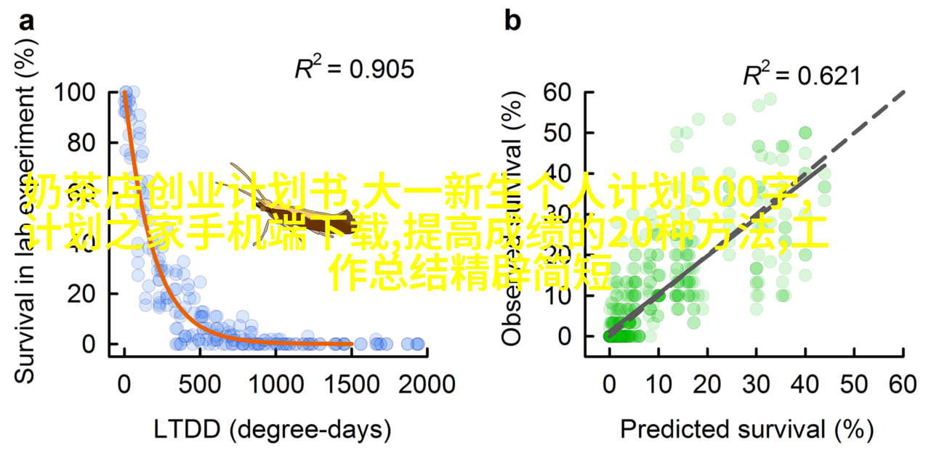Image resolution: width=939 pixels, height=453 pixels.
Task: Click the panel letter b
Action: [512, 22]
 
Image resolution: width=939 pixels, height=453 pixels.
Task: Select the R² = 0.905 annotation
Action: [354, 69]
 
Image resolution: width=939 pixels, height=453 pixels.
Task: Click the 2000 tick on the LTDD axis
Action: [427, 383]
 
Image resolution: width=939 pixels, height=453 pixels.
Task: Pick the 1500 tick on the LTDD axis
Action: [351, 383]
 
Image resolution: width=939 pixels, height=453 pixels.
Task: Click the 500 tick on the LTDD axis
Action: [199, 383]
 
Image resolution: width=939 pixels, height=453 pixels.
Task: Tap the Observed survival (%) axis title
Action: [513, 218]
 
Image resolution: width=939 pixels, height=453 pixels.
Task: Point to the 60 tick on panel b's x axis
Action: [903, 383]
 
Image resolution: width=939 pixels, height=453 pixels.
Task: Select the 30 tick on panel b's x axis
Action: [757, 383]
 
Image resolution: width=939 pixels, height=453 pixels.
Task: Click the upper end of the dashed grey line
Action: [903, 93]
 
